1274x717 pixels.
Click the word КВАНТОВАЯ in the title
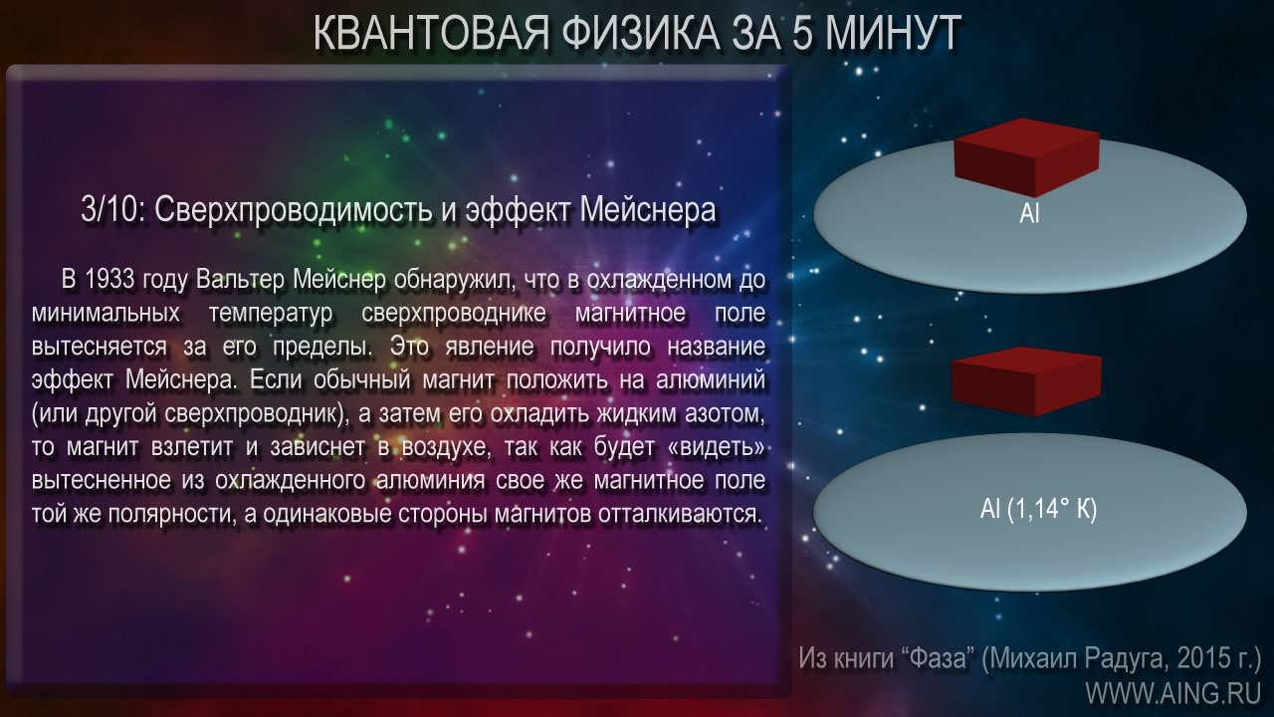431,33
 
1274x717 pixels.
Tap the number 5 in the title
802,33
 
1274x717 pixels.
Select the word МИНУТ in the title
894,33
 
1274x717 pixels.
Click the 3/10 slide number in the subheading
110,209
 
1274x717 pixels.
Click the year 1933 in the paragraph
109,280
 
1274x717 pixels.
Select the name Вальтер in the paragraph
240,280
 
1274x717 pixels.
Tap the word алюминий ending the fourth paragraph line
711,379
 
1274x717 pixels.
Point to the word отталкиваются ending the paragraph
679,514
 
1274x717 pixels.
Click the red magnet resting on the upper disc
1026,157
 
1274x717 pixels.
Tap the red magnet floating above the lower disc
1027,381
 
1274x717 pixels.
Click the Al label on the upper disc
1029,213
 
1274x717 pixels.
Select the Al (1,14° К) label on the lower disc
1038,509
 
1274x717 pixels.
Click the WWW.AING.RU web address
1173,693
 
